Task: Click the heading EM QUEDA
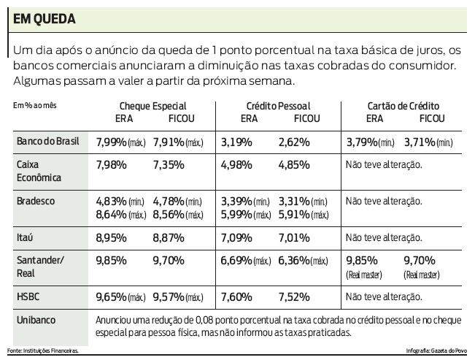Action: click(47, 20)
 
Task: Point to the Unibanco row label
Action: click(36, 321)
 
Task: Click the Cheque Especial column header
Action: click(152, 106)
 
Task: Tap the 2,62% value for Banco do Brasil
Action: click(294, 140)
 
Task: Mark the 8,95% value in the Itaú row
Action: click(112, 237)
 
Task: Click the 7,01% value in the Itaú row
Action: click(294, 237)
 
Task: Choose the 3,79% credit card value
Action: click(362, 140)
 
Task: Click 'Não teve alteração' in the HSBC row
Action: click(384, 297)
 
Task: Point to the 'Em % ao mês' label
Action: click(35, 105)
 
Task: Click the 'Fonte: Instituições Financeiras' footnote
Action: click(44, 351)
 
